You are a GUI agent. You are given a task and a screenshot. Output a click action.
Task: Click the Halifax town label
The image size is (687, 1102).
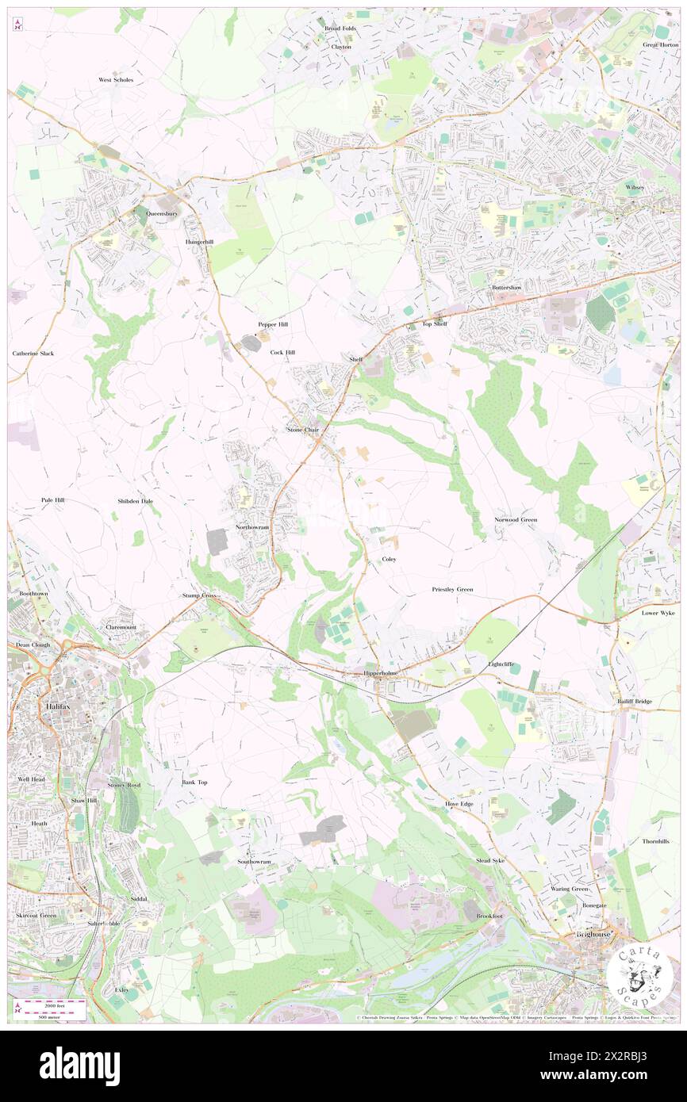point(37,706)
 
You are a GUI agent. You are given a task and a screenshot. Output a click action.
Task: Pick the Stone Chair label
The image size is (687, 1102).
point(303,429)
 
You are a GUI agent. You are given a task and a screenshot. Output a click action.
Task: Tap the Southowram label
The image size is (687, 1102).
point(254,861)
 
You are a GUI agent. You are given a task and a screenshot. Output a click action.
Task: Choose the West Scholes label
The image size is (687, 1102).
point(116,80)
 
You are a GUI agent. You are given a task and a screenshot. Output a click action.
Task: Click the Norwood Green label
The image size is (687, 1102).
point(516,519)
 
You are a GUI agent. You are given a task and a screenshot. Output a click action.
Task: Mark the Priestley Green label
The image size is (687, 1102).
point(452,589)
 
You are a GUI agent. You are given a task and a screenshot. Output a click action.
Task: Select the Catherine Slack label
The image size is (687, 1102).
point(33,353)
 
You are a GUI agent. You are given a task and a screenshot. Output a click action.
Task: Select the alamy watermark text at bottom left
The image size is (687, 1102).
point(79,1066)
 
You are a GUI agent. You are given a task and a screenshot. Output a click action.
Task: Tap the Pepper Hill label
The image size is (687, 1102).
point(272,324)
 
